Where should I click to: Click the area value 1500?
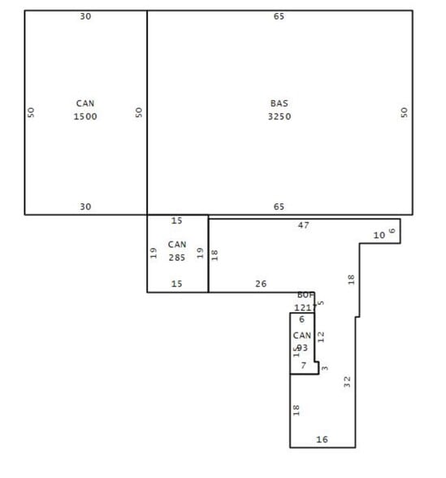click(x=85, y=116)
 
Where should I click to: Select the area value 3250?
click(x=279, y=116)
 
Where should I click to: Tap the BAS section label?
click(x=279, y=103)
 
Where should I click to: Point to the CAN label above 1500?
click(x=85, y=103)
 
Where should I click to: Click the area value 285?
click(x=177, y=257)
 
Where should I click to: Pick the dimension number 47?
click(x=303, y=224)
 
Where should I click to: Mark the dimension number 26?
click(x=261, y=284)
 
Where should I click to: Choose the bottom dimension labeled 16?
click(x=322, y=440)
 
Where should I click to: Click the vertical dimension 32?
click(x=348, y=380)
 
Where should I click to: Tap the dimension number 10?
click(x=379, y=235)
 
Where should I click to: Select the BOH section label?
click(x=305, y=295)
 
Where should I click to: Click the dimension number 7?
click(x=303, y=366)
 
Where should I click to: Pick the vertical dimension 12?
click(x=321, y=335)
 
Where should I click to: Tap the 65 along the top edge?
click(x=279, y=16)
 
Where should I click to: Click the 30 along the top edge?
click(x=85, y=16)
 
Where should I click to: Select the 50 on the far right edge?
click(x=404, y=112)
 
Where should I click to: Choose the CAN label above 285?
click(x=177, y=244)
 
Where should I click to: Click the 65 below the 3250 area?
click(x=279, y=206)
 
